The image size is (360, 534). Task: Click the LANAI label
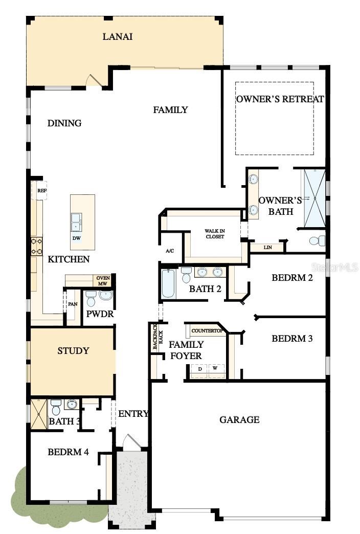tap(118, 36)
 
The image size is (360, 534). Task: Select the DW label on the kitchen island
tap(76, 238)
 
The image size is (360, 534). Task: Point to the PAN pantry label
tap(72, 303)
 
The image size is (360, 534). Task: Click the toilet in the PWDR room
tap(91, 298)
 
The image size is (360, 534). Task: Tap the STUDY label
tap(73, 351)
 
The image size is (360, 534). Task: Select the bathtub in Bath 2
tap(168, 284)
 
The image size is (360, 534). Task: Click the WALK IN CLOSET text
tap(215, 234)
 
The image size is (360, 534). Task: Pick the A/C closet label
tap(170, 251)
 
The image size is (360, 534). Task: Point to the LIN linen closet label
tap(267, 248)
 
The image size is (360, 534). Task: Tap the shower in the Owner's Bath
tap(314, 197)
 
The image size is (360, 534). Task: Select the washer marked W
tap(215, 368)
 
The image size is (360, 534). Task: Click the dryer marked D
tap(199, 368)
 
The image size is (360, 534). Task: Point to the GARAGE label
tap(239, 420)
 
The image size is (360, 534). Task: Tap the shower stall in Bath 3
tap(39, 414)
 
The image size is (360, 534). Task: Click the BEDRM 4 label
tap(69, 452)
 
